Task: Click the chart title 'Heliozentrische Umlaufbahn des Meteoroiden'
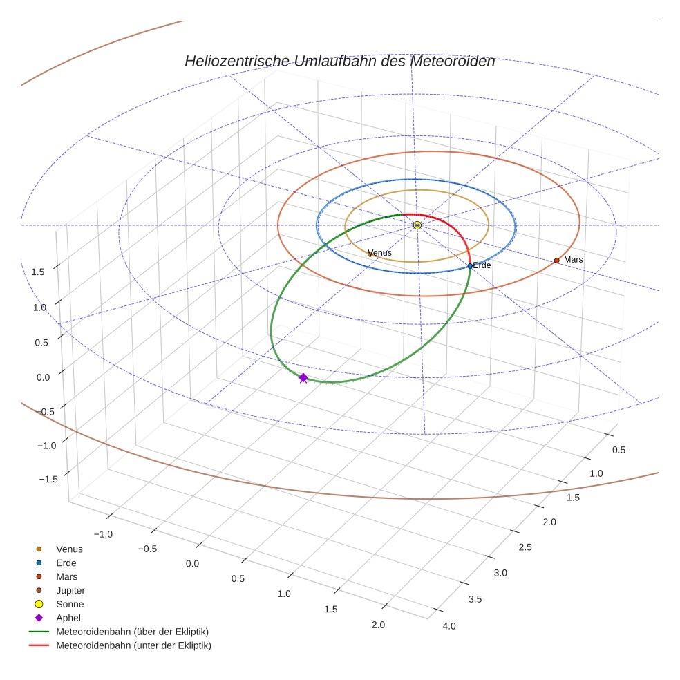pos(339,61)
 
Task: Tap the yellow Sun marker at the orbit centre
pos(417,225)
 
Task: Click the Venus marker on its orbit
pos(370,254)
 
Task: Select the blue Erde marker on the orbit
pos(470,266)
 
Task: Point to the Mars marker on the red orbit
pos(556,261)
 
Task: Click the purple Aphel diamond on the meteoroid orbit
pos(303,377)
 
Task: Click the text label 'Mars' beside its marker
pos(574,259)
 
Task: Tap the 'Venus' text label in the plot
pos(381,253)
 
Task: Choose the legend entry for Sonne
pos(70,604)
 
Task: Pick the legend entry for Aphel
pos(68,618)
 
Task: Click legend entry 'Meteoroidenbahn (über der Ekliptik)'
pos(132,632)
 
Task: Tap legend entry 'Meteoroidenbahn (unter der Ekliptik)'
pos(133,645)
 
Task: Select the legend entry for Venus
pos(69,549)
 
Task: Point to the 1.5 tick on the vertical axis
pos(37,272)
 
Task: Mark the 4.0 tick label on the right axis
pos(448,626)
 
